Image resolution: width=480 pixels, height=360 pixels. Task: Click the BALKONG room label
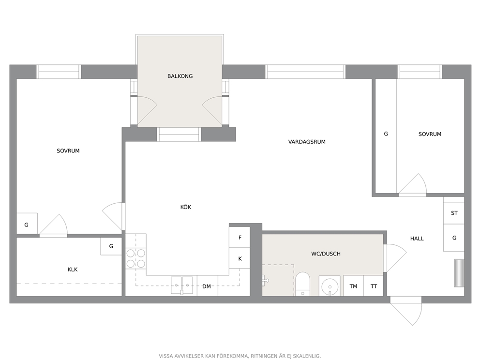tap(180, 76)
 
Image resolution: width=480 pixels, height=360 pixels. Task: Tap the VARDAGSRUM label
tap(307, 142)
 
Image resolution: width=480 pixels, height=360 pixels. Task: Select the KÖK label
tap(185, 207)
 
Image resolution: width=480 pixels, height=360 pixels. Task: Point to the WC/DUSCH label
tap(326, 254)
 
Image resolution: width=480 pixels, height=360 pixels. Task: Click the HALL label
tap(417, 239)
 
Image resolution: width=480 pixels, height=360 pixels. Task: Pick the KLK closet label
tap(73, 270)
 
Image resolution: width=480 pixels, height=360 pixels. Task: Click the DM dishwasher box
tap(207, 286)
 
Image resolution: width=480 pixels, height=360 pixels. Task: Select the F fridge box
tap(240, 237)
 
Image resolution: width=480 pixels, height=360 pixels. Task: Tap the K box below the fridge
tap(240, 258)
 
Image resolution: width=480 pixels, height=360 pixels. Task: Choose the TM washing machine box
tap(353, 286)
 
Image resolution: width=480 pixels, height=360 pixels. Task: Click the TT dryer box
tap(374, 286)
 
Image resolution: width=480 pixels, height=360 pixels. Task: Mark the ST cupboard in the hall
tap(454, 213)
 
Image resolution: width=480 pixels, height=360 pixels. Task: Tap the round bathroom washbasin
tap(330, 286)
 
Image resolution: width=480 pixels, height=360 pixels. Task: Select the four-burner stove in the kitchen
tap(136, 258)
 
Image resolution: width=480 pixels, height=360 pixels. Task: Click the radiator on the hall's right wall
tap(459, 273)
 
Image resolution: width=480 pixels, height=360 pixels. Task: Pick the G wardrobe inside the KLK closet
tap(111, 246)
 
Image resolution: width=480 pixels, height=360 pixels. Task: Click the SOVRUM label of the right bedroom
tap(430, 134)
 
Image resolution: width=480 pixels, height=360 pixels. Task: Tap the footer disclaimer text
tap(240, 356)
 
